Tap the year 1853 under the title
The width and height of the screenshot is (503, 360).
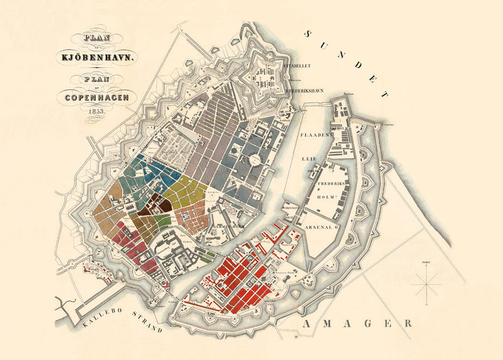click(96, 110)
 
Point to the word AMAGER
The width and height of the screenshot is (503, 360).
click(356, 323)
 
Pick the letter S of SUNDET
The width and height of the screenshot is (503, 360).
click(309, 35)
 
